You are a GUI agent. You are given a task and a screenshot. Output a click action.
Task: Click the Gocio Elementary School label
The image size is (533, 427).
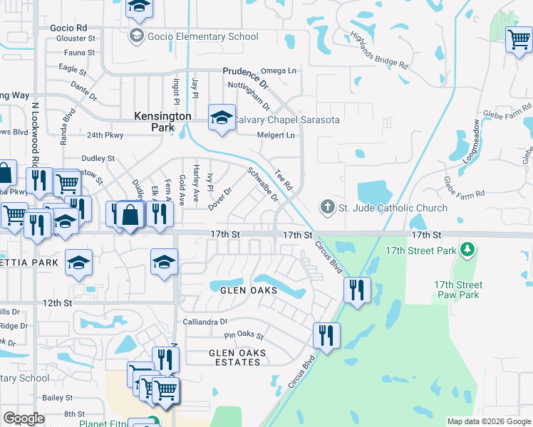click(x=203, y=36)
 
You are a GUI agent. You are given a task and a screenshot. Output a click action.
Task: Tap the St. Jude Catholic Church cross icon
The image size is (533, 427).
click(x=327, y=208)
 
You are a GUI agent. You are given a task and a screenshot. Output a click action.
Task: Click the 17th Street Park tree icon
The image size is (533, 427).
click(x=467, y=250)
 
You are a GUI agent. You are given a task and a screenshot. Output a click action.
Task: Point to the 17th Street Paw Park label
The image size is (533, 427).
click(x=457, y=290)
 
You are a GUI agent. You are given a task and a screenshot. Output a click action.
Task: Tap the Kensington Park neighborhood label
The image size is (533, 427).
click(x=163, y=122)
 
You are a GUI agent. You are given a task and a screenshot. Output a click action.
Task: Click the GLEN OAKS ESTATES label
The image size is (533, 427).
click(x=237, y=357)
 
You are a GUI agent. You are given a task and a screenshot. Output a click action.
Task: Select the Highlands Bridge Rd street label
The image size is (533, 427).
click(x=378, y=52)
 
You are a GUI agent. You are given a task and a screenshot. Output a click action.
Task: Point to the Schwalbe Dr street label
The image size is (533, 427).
click(x=262, y=184)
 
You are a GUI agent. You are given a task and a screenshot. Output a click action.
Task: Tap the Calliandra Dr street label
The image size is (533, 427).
click(x=205, y=321)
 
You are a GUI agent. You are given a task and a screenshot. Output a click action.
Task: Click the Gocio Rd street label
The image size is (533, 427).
click(x=68, y=27)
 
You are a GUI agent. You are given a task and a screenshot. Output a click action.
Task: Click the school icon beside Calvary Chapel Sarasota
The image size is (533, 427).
click(x=222, y=117)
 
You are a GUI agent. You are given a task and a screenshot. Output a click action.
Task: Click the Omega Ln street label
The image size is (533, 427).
click(x=279, y=70)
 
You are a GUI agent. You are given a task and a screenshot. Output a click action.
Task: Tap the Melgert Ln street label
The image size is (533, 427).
click(x=276, y=135)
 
